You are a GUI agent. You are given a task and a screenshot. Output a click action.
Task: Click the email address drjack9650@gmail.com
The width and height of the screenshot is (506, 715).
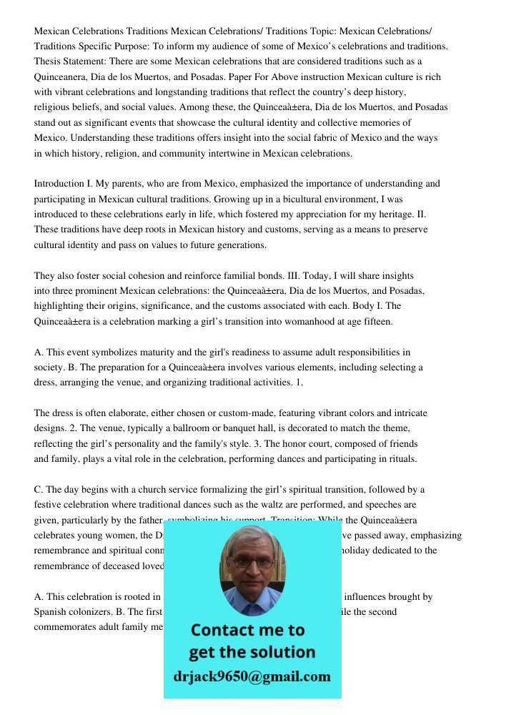point(252,676)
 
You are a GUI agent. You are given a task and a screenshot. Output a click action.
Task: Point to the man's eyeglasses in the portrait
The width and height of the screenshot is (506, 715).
point(253,561)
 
